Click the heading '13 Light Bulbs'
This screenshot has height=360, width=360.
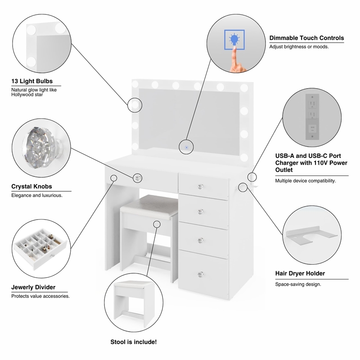32,81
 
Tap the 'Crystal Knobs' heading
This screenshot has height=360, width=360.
31,186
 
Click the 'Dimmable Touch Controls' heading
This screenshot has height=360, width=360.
306,38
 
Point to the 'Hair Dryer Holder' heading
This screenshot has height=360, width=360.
300,273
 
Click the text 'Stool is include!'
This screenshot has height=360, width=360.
134,342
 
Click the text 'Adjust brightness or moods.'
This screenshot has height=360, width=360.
299,47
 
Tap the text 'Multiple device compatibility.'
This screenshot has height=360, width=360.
306,181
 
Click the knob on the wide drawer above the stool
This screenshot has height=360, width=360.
138,178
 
